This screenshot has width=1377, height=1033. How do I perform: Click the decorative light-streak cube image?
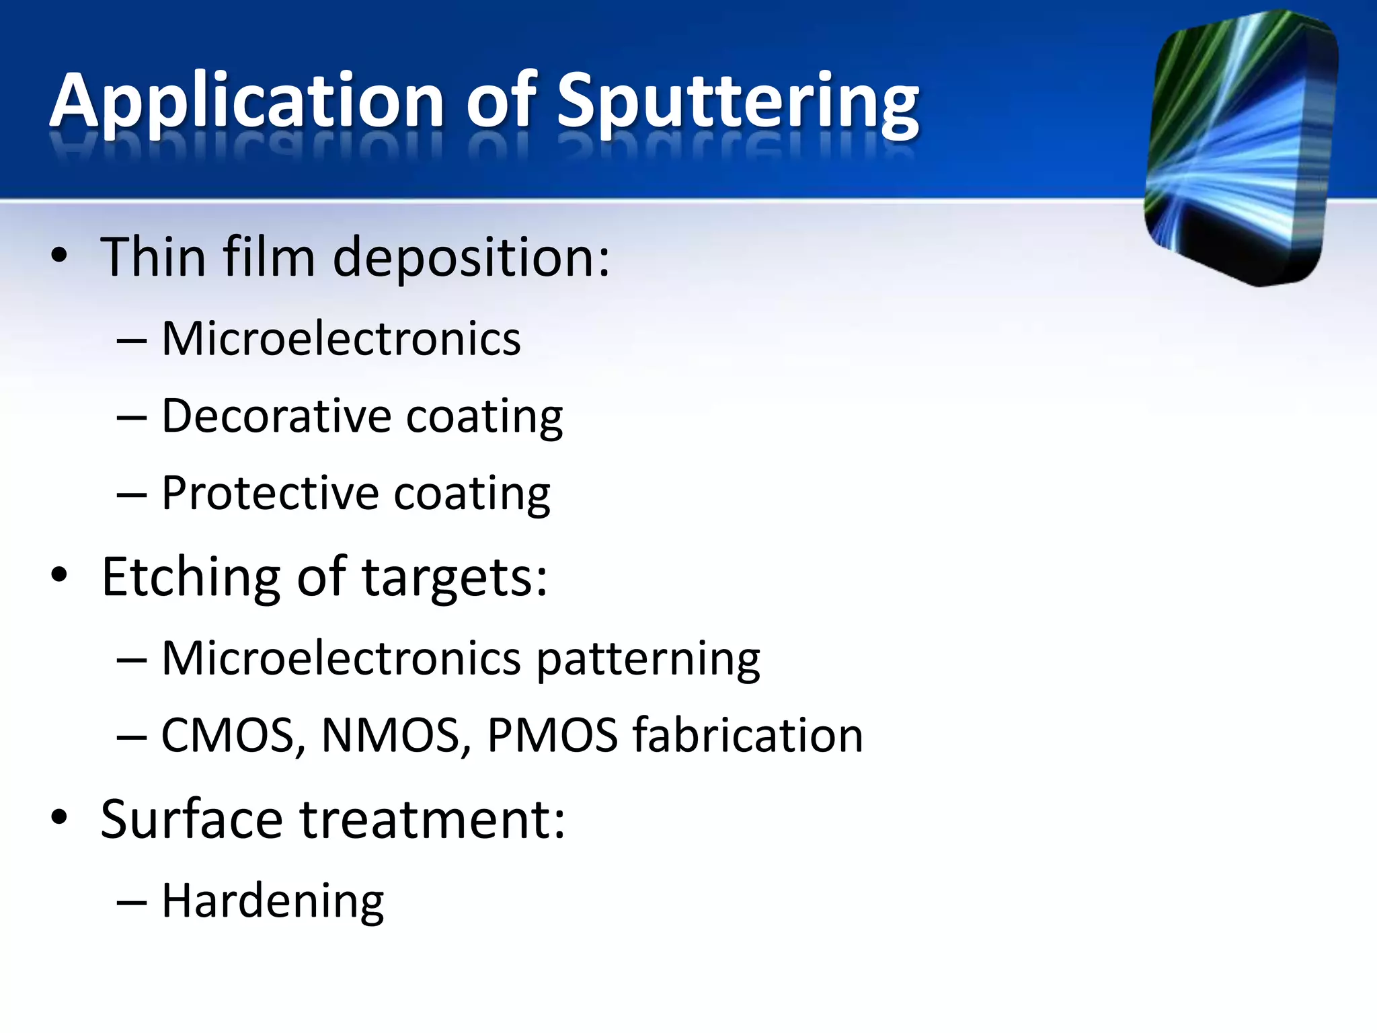1241,148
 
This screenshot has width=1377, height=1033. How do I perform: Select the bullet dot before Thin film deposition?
59,256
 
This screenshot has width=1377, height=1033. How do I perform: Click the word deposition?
471,258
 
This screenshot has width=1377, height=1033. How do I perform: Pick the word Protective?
270,493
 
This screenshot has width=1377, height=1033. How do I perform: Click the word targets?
455,578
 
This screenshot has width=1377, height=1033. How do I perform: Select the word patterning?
648,658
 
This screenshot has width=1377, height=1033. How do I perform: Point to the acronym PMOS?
552,735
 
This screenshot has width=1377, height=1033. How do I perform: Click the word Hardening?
273,901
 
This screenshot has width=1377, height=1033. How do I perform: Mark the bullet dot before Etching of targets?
59,575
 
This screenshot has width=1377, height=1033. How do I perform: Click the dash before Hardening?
131,902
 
